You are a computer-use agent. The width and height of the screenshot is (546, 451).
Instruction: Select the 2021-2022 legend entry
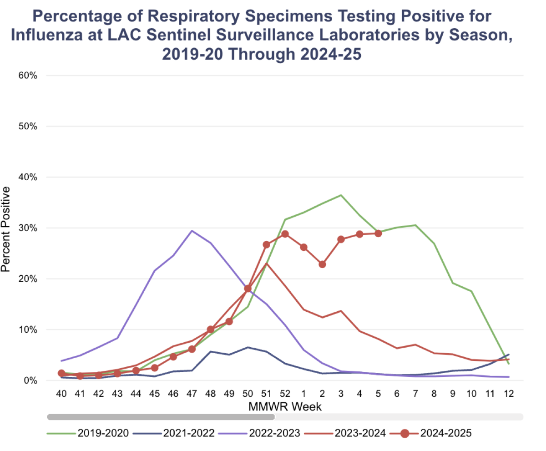173,433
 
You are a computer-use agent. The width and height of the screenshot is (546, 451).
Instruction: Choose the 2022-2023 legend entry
259,433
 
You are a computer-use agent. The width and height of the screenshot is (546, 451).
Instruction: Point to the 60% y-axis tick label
27,75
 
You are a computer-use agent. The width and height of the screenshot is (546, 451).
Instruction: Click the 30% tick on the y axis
27,228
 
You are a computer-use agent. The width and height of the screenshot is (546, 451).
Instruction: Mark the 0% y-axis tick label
30,380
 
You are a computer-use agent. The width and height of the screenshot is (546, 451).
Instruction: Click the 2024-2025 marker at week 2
322,264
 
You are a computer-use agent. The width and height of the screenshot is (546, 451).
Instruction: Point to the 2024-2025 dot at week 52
285,234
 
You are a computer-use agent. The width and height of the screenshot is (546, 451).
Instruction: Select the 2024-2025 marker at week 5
378,233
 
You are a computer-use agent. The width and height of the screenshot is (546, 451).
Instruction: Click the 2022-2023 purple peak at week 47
192,231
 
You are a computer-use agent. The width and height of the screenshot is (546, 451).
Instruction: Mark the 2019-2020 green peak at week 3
341,195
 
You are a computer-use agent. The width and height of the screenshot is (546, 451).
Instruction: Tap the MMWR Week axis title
285,406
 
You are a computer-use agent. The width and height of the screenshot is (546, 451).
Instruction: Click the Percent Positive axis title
6,230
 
